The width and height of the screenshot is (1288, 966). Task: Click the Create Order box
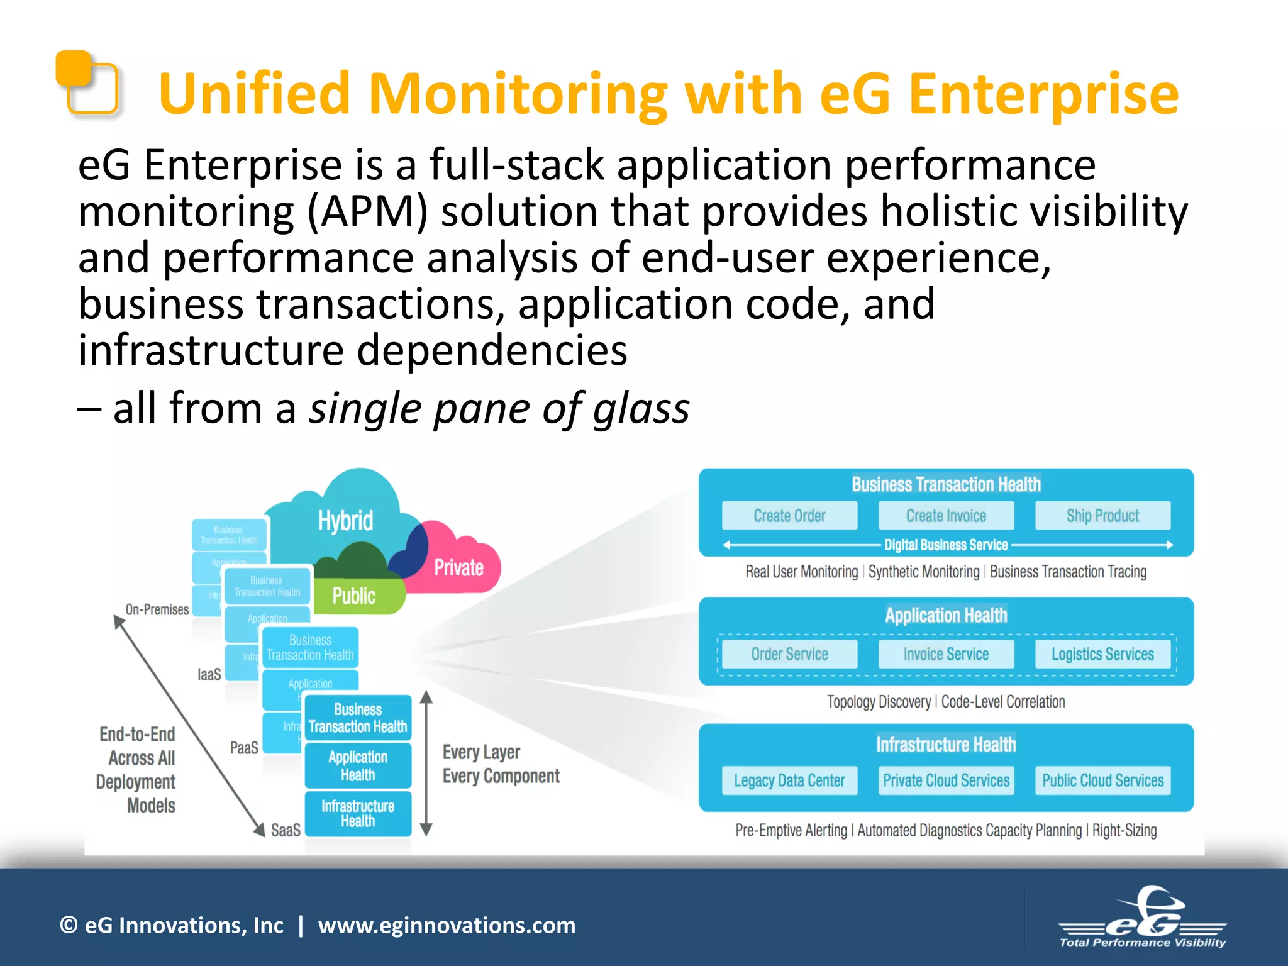[x=789, y=516]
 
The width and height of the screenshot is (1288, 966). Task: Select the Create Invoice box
[x=946, y=516]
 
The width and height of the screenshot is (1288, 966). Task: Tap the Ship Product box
[x=1102, y=516]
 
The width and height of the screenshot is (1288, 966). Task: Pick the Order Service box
[x=789, y=654]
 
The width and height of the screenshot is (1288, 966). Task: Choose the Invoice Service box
[x=946, y=654]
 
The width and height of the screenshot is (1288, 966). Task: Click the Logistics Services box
[x=1102, y=654]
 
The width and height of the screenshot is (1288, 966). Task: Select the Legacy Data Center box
[x=789, y=780]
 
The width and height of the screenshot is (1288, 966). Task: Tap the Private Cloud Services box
[x=946, y=780]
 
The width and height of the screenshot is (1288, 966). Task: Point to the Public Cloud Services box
[x=1102, y=780]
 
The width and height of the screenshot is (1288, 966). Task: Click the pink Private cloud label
[x=458, y=567]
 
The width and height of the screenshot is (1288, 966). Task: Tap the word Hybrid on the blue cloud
[x=345, y=521]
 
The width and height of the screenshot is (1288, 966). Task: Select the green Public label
[x=353, y=596]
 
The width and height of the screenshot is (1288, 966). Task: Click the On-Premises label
[x=157, y=609]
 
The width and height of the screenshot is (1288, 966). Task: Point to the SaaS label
[x=286, y=830]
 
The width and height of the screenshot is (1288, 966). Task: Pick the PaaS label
[x=244, y=748]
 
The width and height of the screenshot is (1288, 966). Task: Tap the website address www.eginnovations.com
[x=447, y=925]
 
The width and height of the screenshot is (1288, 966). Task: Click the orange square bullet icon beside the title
[x=87, y=82]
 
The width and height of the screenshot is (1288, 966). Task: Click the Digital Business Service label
[x=946, y=545]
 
